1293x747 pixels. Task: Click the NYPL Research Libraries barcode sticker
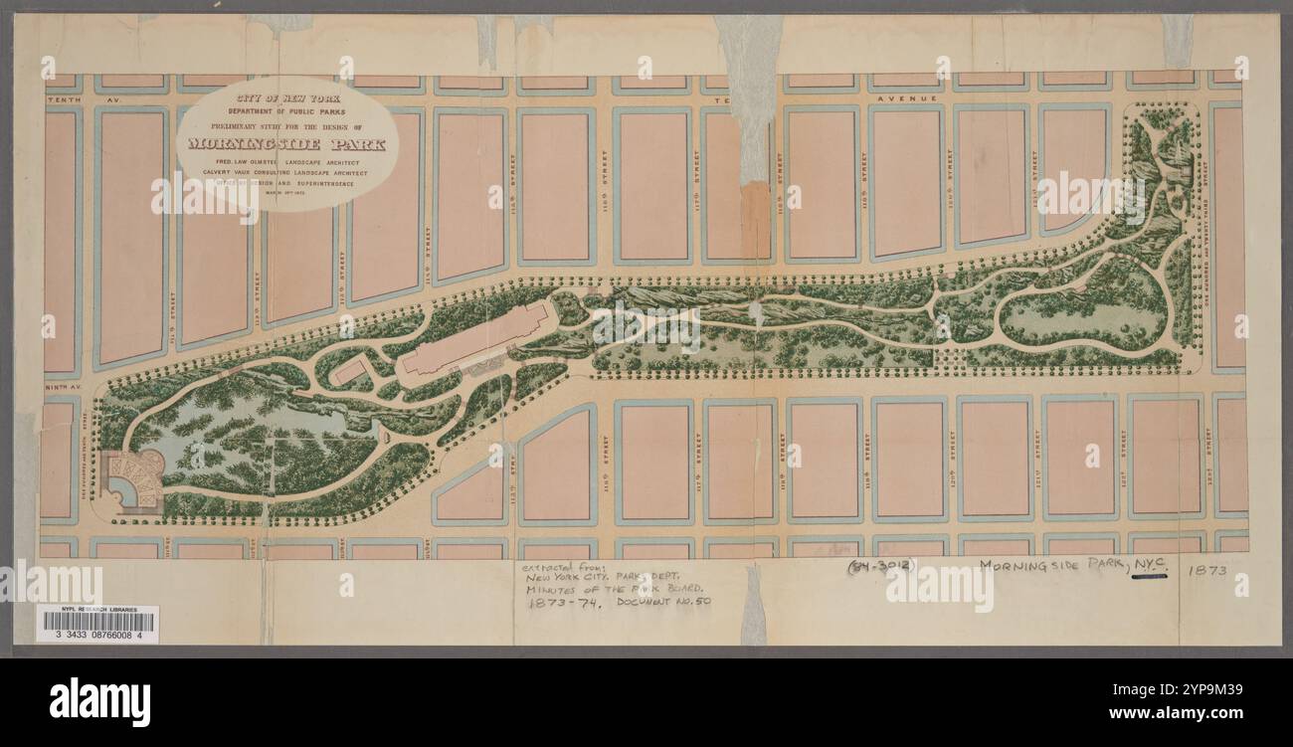click(x=97, y=624)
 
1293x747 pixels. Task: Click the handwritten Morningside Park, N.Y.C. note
click(x=1074, y=566)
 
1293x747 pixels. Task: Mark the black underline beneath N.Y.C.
click(x=1148, y=576)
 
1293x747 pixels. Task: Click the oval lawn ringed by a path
click(x=1084, y=303)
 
